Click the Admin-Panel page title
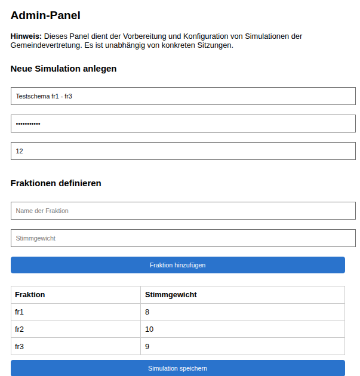(45, 16)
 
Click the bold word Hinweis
(26, 36)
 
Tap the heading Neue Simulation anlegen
(63, 69)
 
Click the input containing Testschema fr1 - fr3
(183, 96)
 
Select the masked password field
(183, 124)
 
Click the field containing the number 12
(183, 151)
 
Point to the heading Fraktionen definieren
(56, 183)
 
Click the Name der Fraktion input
(183, 211)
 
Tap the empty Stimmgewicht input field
(183, 238)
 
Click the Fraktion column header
(30, 295)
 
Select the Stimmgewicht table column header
(171, 295)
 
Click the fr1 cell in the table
(20, 312)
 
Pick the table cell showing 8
(147, 312)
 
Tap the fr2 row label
(20, 329)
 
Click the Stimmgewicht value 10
(149, 329)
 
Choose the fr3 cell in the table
(20, 346)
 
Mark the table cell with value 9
(147, 346)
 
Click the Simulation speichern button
(177, 368)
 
